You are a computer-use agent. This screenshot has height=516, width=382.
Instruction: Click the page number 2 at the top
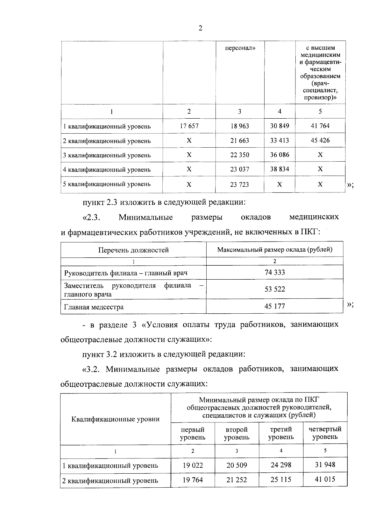pyautogui.click(x=200, y=28)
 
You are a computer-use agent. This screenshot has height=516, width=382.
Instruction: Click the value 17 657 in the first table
pyautogui.click(x=189, y=126)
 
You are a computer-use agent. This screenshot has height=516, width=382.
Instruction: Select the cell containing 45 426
pyautogui.click(x=320, y=140)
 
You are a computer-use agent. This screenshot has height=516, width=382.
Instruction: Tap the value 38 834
pyautogui.click(x=279, y=169)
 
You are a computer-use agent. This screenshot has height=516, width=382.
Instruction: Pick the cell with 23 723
pyautogui.click(x=240, y=185)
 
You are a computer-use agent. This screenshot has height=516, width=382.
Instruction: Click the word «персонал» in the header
pyautogui.click(x=240, y=48)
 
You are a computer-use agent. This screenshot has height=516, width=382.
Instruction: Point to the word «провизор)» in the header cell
pyautogui.click(x=320, y=98)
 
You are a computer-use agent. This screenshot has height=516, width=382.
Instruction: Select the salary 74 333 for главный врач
pyautogui.click(x=274, y=272)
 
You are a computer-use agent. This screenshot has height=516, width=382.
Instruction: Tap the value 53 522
pyautogui.click(x=274, y=289)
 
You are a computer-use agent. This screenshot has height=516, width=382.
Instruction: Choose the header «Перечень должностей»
pyautogui.click(x=133, y=250)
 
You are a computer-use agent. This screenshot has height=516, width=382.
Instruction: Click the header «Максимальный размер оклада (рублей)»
pyautogui.click(x=274, y=249)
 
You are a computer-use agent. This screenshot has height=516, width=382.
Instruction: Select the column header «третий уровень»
pyautogui.click(x=281, y=433)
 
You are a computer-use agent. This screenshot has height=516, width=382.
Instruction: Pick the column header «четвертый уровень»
pyautogui.click(x=325, y=433)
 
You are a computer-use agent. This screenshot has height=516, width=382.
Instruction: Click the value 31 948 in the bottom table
pyautogui.click(x=325, y=465)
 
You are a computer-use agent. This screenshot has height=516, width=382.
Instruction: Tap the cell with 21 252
pyautogui.click(x=237, y=480)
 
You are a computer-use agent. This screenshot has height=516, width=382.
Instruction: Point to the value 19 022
pyautogui.click(x=193, y=465)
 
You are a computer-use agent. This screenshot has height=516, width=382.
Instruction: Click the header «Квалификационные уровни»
pyautogui.click(x=116, y=419)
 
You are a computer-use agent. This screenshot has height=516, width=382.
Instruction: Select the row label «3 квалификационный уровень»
pyautogui.click(x=107, y=155)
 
